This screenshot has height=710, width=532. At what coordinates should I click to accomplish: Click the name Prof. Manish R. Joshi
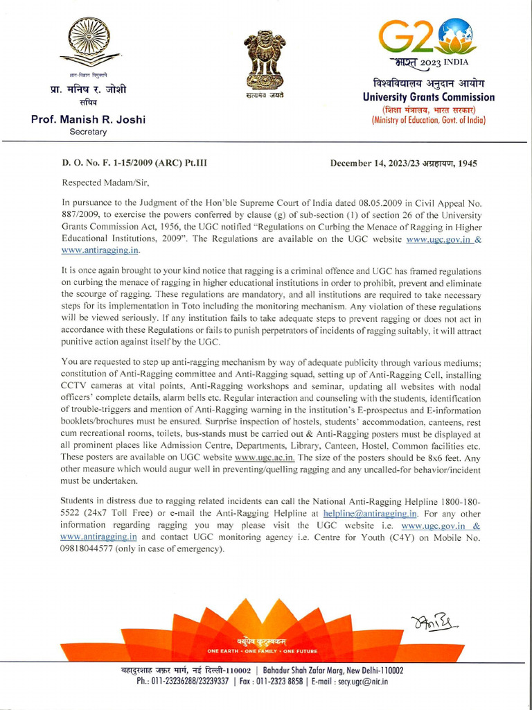pyautogui.click(x=89, y=119)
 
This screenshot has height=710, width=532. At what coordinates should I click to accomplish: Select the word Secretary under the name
pyautogui.click(x=88, y=131)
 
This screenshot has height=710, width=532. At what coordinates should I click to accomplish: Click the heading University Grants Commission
pyautogui.click(x=429, y=97)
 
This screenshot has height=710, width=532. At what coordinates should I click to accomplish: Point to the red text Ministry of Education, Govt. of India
pyautogui.click(x=429, y=120)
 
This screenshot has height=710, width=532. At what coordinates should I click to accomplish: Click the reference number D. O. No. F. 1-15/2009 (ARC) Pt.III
pyautogui.click(x=134, y=164)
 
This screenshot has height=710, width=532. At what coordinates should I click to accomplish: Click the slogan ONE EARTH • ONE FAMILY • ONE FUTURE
pyautogui.click(x=262, y=652)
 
